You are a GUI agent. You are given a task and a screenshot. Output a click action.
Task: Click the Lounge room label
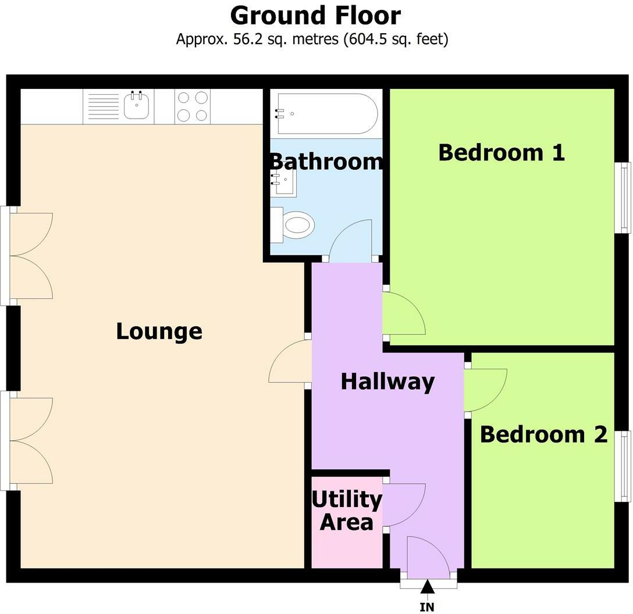pyautogui.click(x=159, y=331)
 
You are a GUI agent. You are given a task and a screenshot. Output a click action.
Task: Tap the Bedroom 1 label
pyautogui.click(x=502, y=152)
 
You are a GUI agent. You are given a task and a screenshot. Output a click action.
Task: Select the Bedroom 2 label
pyautogui.click(x=544, y=434)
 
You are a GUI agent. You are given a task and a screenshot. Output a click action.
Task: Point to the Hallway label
pyautogui.click(x=387, y=381)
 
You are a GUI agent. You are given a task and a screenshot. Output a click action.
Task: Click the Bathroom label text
pyautogui.click(x=326, y=162)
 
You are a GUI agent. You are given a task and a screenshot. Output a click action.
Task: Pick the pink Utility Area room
pyautogui.click(x=347, y=523)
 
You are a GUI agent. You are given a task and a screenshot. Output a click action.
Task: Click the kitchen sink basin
pyautogui.click(x=136, y=105)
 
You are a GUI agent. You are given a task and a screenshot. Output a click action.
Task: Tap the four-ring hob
pyautogui.click(x=193, y=106)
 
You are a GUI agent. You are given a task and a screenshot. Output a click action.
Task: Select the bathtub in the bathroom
pyautogui.click(x=327, y=114)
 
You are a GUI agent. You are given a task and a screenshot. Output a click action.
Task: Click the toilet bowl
pyautogui.click(x=298, y=224)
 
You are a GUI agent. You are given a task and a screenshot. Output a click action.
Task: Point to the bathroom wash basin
pyautogui.click(x=283, y=183)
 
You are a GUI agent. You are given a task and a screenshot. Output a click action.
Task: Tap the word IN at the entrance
pyautogui.click(x=427, y=607)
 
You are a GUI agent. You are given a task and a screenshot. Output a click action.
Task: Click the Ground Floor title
pyautogui.click(x=315, y=16)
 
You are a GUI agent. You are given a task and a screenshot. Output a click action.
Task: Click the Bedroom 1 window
pyautogui.click(x=623, y=198)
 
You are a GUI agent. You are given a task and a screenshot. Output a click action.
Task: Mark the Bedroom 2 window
pyautogui.click(x=623, y=466)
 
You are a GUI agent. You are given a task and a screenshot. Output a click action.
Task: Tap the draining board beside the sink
pyautogui.click(x=104, y=106)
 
